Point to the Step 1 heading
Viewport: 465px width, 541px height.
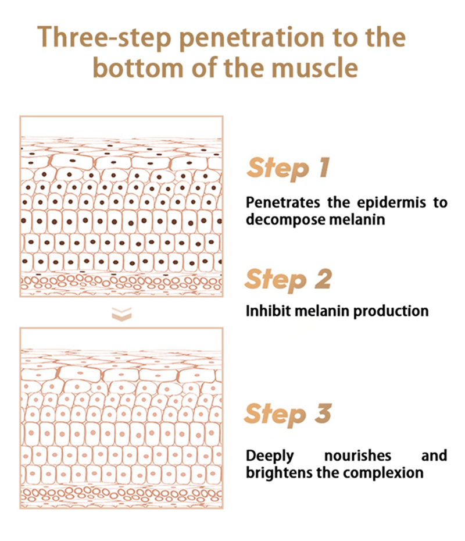288,168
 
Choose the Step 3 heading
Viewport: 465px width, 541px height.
288,414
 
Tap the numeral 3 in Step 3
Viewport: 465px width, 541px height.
323,413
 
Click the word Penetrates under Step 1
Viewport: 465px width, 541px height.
283,202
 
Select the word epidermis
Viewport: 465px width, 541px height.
391,203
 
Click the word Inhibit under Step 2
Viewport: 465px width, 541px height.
269,311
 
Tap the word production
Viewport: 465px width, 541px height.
391,312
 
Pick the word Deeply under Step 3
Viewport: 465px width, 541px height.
270,456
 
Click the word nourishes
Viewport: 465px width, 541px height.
358,456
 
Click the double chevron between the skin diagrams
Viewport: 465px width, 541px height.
121,314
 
